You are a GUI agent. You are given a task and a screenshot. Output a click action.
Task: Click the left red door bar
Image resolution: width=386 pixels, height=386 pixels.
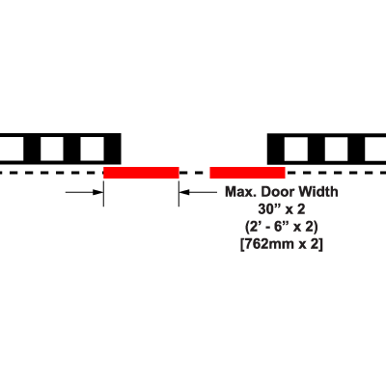(x=141, y=173)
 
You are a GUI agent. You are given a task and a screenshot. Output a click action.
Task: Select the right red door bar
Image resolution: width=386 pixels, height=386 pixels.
(x=247, y=173)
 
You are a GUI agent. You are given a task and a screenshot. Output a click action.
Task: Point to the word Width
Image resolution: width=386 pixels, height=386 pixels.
(x=318, y=192)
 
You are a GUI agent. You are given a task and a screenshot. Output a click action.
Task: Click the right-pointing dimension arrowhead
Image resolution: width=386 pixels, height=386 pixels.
(x=97, y=192)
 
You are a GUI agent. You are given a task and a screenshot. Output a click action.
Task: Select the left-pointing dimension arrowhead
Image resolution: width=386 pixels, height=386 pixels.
(x=184, y=192)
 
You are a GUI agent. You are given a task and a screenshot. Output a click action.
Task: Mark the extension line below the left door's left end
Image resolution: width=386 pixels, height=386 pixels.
(x=103, y=193)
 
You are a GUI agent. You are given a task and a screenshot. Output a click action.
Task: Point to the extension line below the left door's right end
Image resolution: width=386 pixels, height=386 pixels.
(x=179, y=193)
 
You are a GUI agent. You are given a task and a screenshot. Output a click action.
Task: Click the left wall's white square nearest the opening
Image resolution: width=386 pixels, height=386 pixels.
(x=93, y=149)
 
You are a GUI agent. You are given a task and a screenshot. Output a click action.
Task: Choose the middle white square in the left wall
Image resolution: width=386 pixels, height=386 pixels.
(x=52, y=149)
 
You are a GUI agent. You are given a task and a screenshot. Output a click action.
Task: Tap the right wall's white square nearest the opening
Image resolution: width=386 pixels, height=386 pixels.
(x=296, y=150)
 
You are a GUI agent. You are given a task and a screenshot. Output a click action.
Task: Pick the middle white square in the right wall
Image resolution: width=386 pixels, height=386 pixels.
(x=336, y=150)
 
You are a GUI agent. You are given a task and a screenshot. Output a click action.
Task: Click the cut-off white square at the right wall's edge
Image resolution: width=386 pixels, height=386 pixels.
(x=375, y=150)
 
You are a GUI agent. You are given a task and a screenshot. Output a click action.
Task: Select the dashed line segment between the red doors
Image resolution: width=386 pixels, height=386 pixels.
(x=194, y=173)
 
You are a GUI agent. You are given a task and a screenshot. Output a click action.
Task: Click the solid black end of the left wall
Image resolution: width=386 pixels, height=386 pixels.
(x=113, y=149)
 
